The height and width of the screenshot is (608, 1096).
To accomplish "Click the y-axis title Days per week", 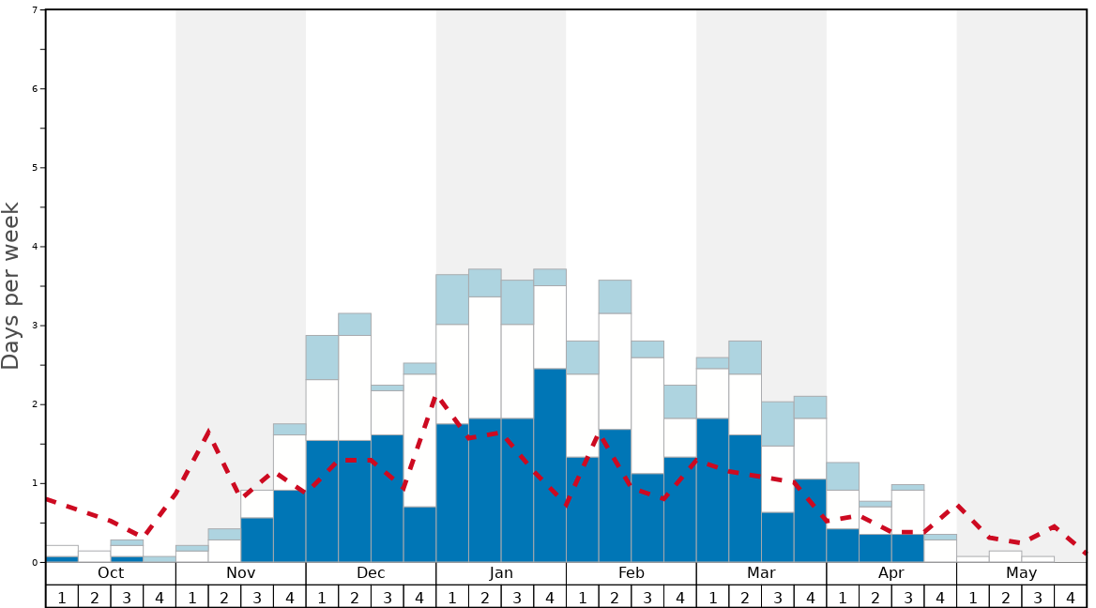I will pos(11,285).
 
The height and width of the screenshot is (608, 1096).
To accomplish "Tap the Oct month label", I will pos(111,573).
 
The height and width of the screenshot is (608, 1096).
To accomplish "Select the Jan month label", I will pos(501,573).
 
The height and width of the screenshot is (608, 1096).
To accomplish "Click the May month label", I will pos(1022,573).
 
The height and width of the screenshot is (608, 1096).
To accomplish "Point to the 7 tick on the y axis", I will pos(35,10).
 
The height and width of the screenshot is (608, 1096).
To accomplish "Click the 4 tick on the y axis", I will pos(35,247).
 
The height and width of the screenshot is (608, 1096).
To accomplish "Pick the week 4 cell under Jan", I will pos(550,597).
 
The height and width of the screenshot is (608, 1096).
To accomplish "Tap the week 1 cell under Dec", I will pos(322,597).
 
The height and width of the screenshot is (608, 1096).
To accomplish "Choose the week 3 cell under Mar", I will pos(778,597).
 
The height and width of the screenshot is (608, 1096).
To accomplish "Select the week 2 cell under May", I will pos(1005,597).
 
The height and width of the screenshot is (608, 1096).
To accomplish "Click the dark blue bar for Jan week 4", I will pos(550,464).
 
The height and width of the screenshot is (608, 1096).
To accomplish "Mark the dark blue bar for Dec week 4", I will pos(419,534).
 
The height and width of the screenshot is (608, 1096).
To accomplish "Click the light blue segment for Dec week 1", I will pos(322,357).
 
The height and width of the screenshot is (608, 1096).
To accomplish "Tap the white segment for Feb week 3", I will pos(647,416).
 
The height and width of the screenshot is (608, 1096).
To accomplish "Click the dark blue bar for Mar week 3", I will pos(778,537).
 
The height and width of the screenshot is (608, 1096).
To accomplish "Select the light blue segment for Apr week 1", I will pos(843,476).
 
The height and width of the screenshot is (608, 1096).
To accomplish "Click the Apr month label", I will pos(891,573).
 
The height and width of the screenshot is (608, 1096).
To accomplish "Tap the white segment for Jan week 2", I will pos(485,357).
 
